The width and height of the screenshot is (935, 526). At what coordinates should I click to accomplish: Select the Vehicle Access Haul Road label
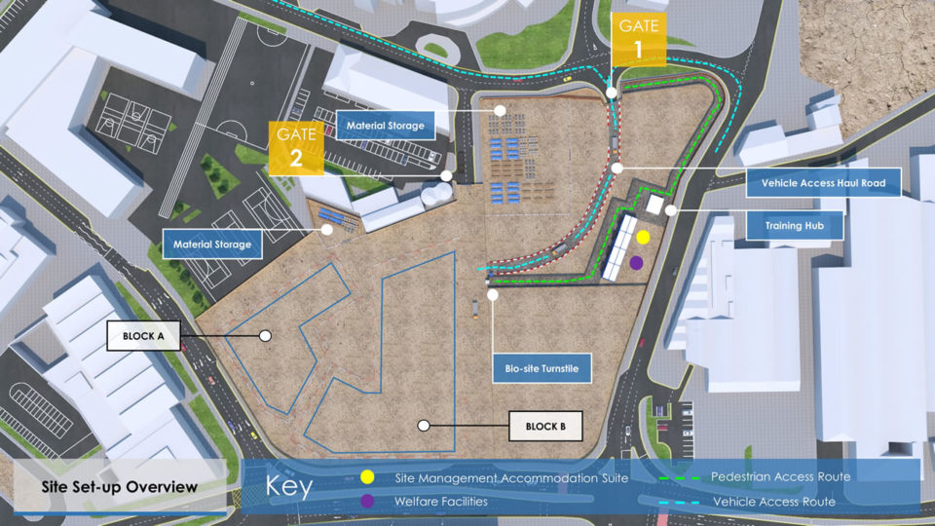coord(823,182)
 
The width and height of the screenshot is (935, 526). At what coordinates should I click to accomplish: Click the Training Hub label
coord(790,226)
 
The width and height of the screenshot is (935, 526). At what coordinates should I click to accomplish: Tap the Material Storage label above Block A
coord(212,244)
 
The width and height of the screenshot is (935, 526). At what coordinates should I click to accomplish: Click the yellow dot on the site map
coord(643,237)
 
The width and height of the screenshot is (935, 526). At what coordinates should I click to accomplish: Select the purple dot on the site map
coord(636,262)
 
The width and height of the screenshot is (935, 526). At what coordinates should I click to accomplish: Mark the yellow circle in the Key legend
coord(366,477)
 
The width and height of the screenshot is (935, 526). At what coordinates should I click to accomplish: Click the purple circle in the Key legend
coord(366,501)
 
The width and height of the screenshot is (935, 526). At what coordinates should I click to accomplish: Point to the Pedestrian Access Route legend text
coord(780,477)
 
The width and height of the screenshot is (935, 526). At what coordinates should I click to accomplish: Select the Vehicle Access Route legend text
coord(774,502)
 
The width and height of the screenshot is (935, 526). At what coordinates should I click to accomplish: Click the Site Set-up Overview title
coord(120,487)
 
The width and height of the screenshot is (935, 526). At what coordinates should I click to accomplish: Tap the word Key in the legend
coord(288,487)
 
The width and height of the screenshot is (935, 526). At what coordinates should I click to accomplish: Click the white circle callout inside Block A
coord(265,335)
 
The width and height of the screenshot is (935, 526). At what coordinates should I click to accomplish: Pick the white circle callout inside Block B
coord(423,425)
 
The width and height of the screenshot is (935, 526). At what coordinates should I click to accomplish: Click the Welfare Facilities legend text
coord(441,502)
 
